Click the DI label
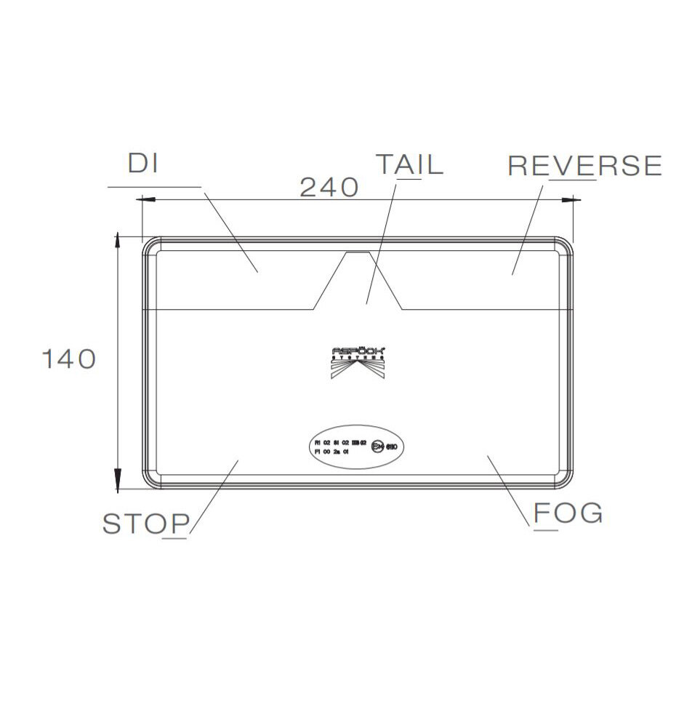click(143, 164)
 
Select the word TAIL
click(409, 164)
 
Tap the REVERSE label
click(584, 166)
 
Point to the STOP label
click(146, 524)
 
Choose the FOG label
click(568, 513)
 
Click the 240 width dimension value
click(329, 188)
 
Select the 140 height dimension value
click(68, 358)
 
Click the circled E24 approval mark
click(377, 446)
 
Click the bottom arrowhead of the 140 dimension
click(117, 480)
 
